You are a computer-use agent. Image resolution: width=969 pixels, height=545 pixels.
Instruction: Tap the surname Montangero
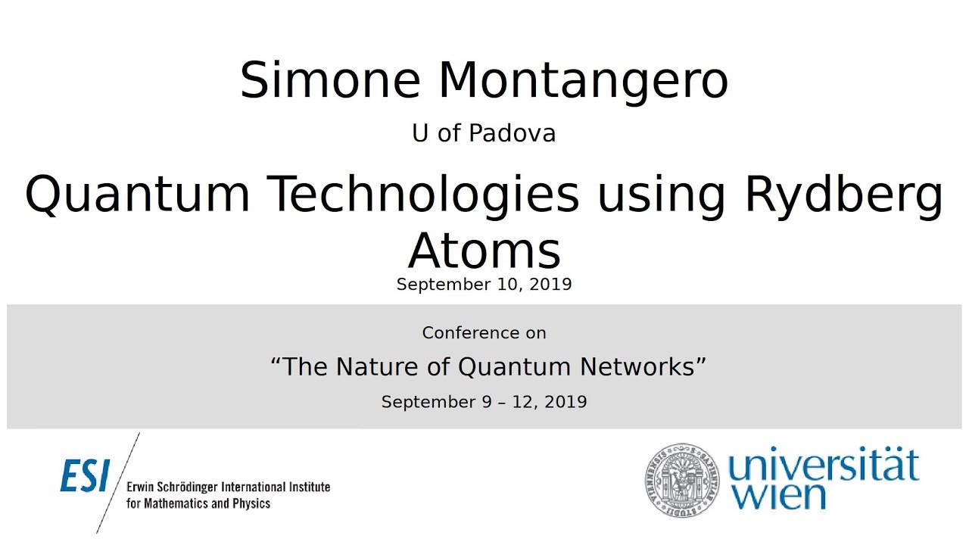coord(583,81)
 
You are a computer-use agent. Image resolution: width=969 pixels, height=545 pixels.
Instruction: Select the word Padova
coord(513,133)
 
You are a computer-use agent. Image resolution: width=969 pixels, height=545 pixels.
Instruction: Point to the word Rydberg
coord(844,195)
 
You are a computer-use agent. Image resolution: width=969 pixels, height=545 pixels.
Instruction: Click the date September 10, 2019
coord(484,285)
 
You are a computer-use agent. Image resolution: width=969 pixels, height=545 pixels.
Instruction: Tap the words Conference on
coord(484,333)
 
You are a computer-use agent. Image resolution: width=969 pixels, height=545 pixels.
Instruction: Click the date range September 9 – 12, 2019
coord(484,402)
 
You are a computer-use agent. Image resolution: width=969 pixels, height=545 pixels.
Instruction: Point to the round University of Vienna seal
coord(681,479)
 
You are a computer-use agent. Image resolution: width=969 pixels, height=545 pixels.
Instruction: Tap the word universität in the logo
coord(824,466)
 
